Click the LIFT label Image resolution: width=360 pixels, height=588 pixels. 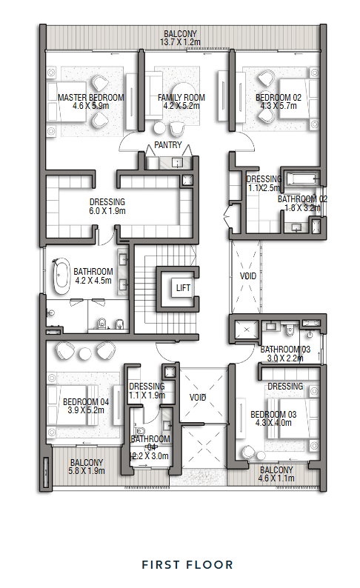[183, 287]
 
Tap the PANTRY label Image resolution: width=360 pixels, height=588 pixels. [168, 145]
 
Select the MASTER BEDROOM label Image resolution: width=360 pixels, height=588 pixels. [91, 98]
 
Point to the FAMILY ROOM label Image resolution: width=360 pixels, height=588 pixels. [181, 98]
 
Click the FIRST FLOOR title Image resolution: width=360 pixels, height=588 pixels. [187, 565]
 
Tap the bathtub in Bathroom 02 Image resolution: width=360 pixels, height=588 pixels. [301, 178]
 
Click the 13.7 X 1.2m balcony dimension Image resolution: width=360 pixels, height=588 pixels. [180, 42]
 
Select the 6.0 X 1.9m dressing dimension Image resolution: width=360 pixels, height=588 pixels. [107, 211]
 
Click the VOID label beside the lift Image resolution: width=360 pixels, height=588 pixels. [248, 276]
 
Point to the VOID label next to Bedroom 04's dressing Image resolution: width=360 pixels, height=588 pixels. [198, 397]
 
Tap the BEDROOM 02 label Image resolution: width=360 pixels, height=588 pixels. [279, 98]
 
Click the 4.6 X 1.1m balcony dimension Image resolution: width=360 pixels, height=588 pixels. [276, 478]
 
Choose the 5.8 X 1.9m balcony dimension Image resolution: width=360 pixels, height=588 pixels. [87, 471]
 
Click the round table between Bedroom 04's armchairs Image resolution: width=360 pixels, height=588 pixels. [84, 353]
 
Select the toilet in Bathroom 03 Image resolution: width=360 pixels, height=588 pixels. [290, 330]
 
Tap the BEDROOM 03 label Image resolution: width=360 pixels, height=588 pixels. [273, 415]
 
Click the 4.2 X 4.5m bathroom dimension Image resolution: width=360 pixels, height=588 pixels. [93, 281]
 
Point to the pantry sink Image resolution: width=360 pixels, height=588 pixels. [177, 162]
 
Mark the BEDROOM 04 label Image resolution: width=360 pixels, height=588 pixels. [86, 401]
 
